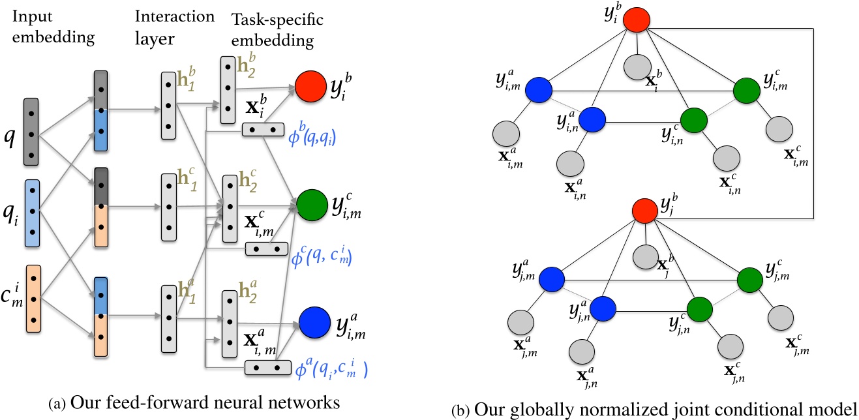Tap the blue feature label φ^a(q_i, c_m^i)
pos(331,371)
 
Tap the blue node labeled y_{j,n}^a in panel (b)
pos(603,307)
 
